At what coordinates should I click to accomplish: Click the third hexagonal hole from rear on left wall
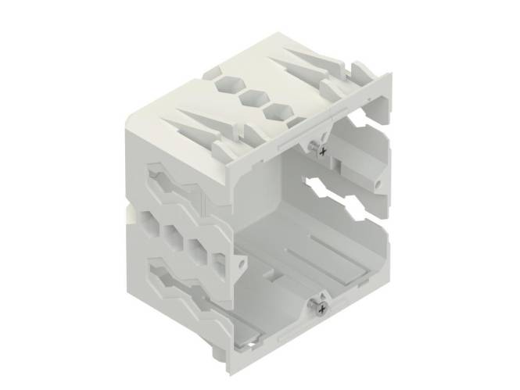click(x=196, y=249)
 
